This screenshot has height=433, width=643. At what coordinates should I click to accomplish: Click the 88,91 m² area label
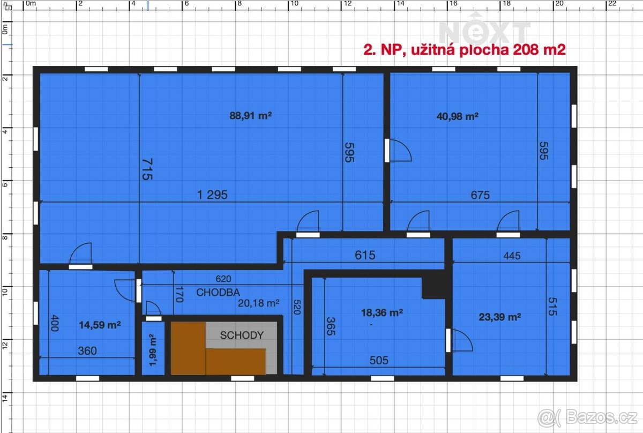coord(250,115)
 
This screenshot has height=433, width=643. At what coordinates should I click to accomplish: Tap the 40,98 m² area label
coord(457,116)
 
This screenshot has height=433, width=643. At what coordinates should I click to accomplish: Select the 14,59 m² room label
coord(99,325)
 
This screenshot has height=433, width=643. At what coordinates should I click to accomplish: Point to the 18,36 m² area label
coord(383,312)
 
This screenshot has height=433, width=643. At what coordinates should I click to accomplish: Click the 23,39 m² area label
coord(500,317)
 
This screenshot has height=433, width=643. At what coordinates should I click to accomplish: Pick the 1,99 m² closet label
coord(152,349)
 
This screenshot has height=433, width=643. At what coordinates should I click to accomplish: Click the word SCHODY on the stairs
coord(242,335)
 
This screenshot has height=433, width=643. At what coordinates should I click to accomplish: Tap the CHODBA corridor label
coord(218,293)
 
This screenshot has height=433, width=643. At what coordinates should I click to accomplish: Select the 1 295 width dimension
coord(212,195)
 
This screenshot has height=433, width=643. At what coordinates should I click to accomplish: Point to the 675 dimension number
coord(480,196)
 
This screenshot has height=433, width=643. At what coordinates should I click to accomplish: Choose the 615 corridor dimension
coord(365,255)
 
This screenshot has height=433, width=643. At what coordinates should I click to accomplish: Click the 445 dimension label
coord(512,256)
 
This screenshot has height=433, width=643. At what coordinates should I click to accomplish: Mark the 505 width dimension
coord(378,361)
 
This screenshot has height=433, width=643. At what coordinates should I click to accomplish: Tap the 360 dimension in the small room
coord(87,351)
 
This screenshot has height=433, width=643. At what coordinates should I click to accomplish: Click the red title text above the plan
coord(465,50)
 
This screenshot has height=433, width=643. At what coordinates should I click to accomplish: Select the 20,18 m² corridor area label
coord(259,303)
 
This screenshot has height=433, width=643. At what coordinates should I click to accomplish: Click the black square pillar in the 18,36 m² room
coord(433,284)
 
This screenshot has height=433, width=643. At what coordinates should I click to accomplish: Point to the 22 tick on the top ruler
coord(610,3)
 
